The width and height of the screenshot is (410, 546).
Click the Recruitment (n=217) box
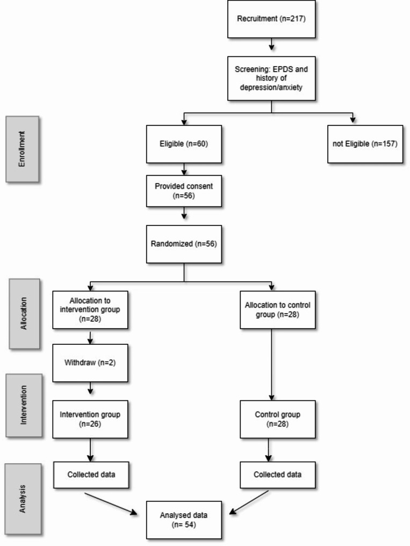pos(271,19)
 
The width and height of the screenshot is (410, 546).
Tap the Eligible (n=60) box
pos(184,144)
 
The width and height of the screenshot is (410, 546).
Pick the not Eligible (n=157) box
pos(365,144)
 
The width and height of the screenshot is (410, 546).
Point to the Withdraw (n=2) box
pos(90,363)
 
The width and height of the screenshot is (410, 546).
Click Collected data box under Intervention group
pos(90,475)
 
